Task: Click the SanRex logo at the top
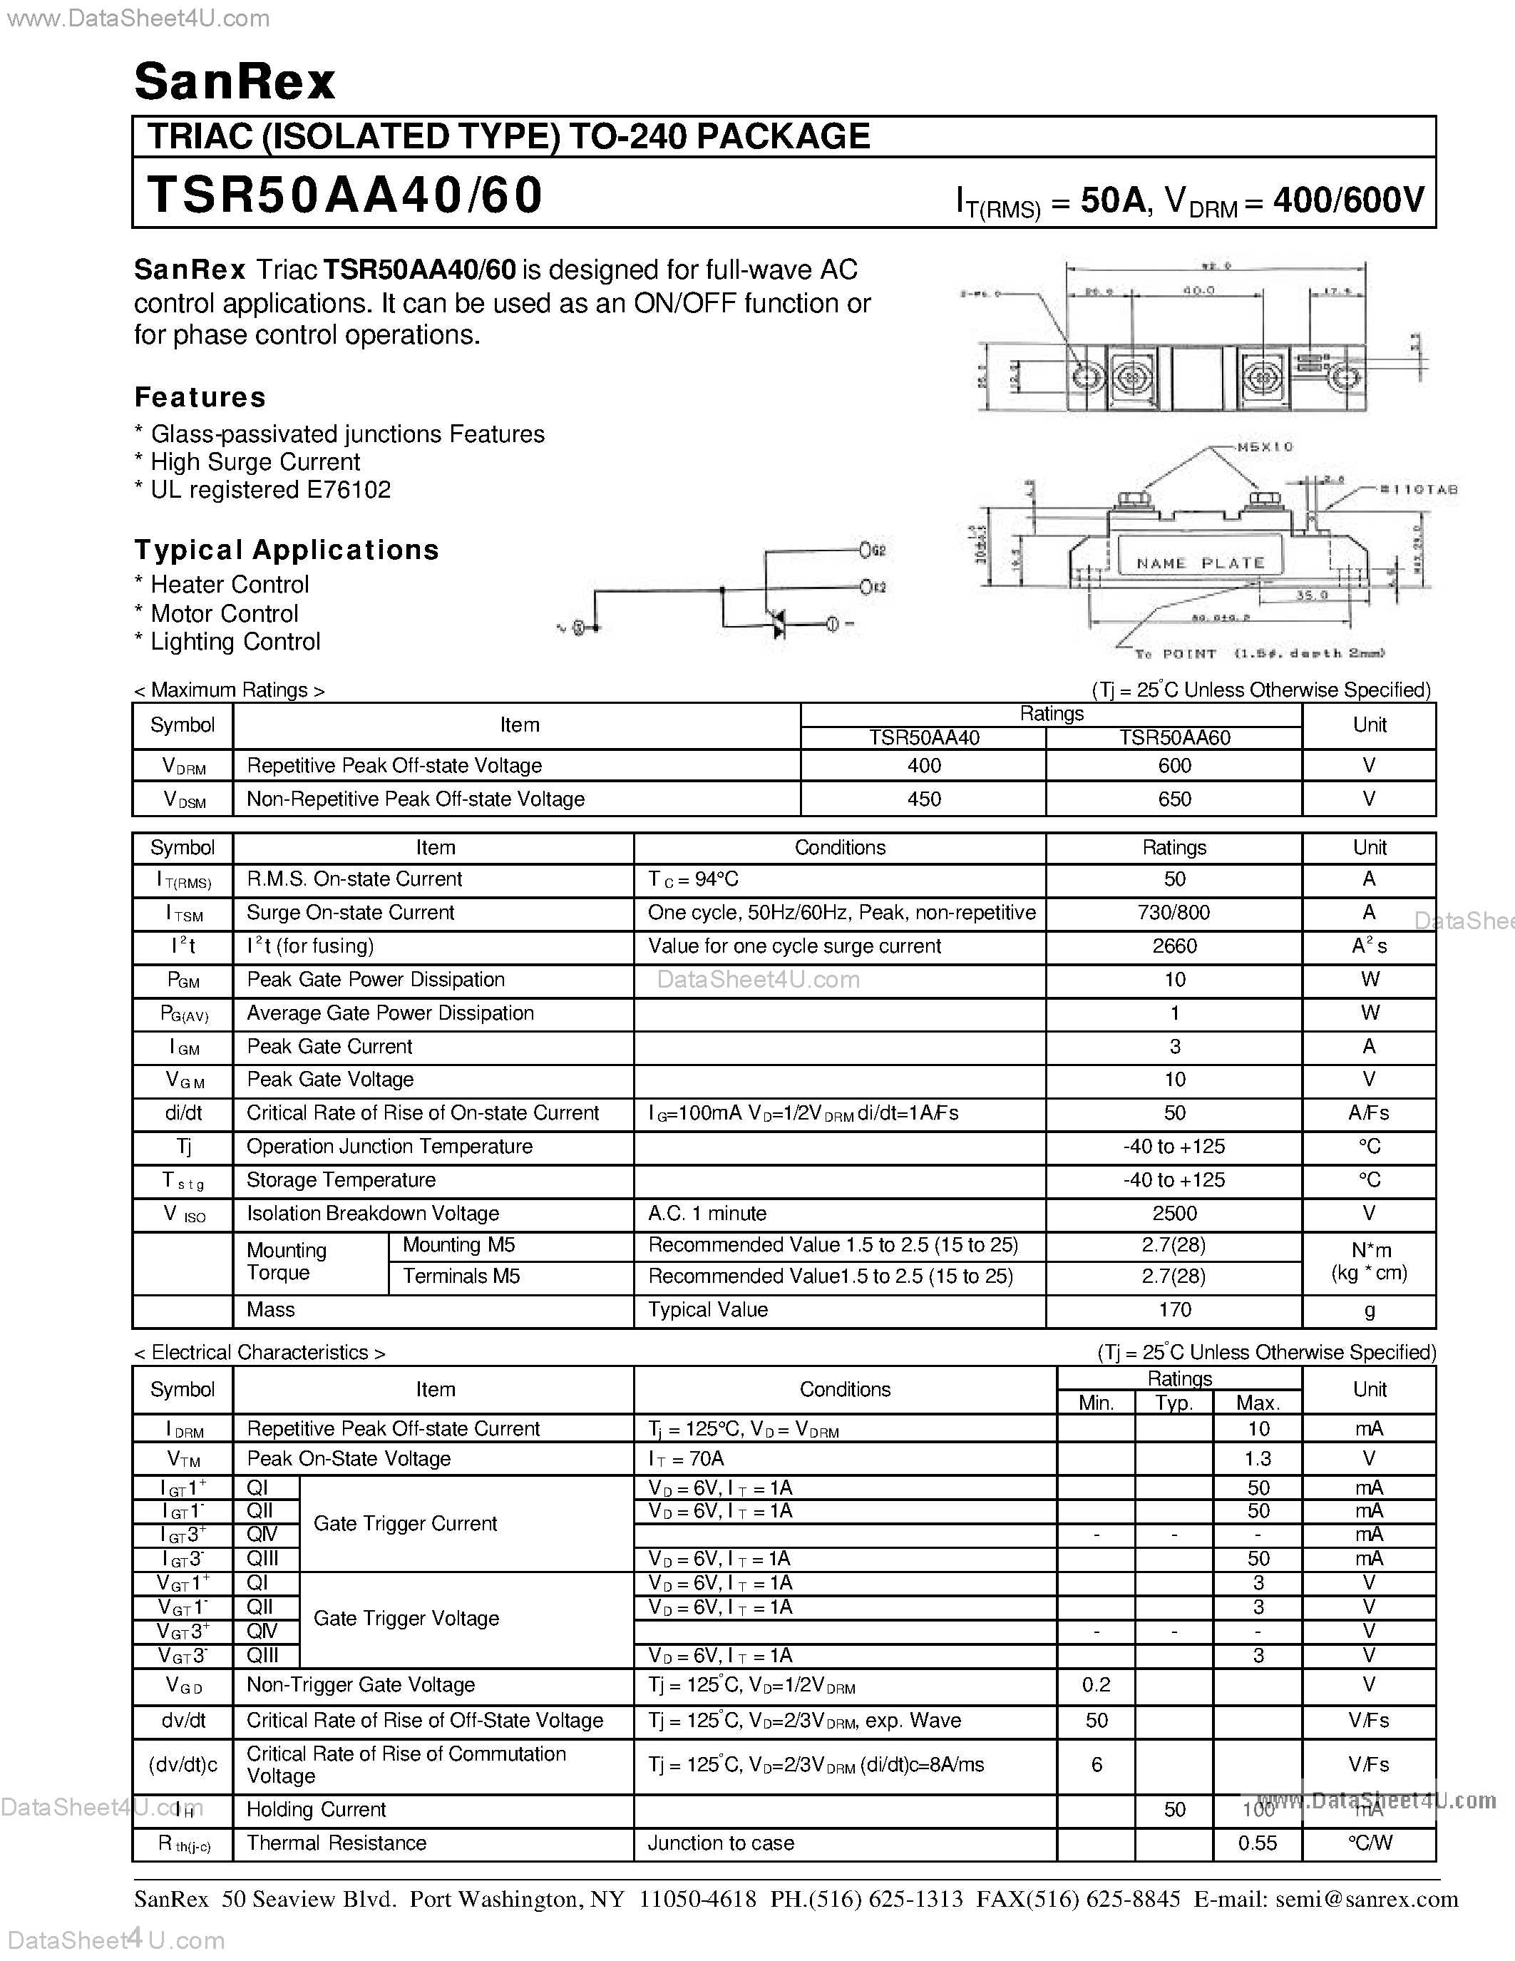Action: pos(235,82)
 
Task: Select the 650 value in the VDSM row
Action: pos(1174,799)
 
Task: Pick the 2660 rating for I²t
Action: pos(1174,946)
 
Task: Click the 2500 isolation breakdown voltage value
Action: pos(1174,1214)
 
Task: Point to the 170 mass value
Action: pos(1174,1310)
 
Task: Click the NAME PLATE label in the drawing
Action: pos(1200,563)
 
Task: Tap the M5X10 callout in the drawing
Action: pos(1265,446)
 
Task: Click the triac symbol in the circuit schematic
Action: pos(777,624)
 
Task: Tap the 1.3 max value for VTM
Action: pos(1258,1459)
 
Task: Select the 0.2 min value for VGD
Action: pos(1096,1685)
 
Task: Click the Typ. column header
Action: pos(1174,1403)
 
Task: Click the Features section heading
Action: pos(200,398)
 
